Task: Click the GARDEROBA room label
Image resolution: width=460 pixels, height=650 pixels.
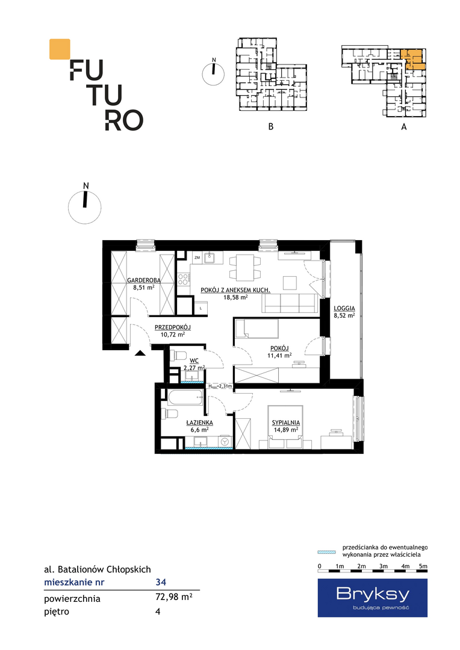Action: [x=143, y=280]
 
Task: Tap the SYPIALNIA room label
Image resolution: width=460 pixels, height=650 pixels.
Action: [x=286, y=422]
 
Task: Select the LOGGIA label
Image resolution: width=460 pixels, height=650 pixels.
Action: [x=344, y=308]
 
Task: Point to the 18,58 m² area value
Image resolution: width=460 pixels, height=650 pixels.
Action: [x=235, y=297]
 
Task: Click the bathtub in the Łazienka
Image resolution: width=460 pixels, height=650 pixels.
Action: [x=185, y=398]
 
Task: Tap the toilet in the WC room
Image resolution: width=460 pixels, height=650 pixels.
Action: [x=178, y=355]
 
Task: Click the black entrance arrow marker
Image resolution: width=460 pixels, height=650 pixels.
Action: [x=140, y=353]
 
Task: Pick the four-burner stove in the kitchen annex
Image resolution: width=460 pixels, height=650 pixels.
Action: [x=183, y=279]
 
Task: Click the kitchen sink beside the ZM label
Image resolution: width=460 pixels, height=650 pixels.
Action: [x=211, y=258]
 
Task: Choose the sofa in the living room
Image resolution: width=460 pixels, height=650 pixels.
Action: [x=290, y=303]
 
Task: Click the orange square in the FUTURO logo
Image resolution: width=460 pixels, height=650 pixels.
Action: [x=60, y=49]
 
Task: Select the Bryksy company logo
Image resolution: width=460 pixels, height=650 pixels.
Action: [x=373, y=598]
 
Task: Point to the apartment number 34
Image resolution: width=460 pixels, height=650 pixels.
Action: [x=161, y=582]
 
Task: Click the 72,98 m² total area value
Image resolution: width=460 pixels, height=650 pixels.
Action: [x=173, y=598]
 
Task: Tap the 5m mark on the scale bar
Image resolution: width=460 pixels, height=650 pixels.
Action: [x=423, y=566]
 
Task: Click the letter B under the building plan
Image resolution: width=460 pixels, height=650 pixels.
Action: [x=271, y=126]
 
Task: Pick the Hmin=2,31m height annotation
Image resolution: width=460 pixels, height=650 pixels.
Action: [x=220, y=386]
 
